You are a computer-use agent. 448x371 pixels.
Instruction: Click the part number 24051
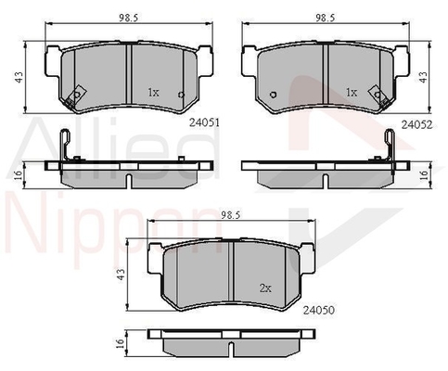pos(204,123)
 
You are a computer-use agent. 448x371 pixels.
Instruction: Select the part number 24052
pos(416,124)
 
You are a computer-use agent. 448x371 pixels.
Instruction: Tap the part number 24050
pos(319,310)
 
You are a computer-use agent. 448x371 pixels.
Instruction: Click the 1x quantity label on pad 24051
pos(153,92)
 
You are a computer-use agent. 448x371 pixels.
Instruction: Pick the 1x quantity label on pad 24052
pos(352,92)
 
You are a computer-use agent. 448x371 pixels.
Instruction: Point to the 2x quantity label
pos(265,288)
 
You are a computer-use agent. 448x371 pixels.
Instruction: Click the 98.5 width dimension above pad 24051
pos(128,18)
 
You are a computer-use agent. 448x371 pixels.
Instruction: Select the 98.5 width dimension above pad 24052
pos(326,18)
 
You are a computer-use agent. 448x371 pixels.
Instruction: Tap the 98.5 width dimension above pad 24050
pos(231,215)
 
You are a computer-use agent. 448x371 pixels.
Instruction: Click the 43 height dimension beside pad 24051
pos(19,77)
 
